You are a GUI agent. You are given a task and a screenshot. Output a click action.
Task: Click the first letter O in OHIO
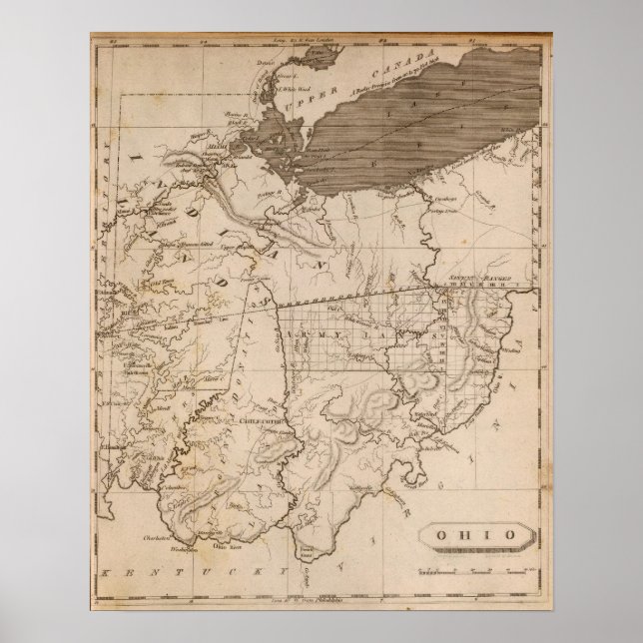445,534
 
